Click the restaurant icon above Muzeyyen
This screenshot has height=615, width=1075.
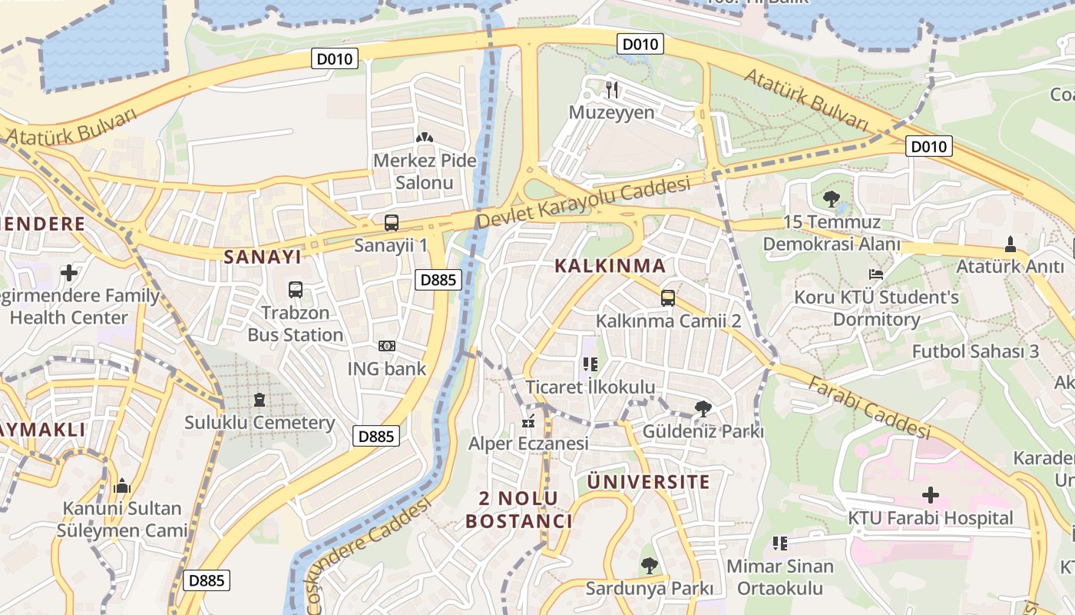pos(612,89)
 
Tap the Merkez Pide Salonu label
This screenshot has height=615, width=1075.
pos(425,171)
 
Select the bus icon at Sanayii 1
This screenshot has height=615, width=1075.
pos(392,223)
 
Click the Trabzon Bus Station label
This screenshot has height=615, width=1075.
pos(296,324)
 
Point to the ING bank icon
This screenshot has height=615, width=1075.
pos(387,346)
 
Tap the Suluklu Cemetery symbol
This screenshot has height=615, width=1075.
pos(260,400)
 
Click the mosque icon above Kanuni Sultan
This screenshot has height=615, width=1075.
pos(122,486)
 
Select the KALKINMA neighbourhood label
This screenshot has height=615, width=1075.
pos(610,266)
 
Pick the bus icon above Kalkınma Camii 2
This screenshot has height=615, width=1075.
pos(668,298)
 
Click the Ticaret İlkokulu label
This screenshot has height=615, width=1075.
pos(590,387)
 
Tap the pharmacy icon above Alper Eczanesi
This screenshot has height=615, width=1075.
pos(528,421)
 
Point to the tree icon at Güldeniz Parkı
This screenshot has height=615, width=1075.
pos(703,408)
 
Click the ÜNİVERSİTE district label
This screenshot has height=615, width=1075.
pos(648,482)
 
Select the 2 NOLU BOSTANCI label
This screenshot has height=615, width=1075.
pos(519,509)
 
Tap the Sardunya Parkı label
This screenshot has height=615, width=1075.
pos(649,589)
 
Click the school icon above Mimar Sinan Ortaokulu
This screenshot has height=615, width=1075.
pos(780,544)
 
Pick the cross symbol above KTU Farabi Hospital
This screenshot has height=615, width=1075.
pos(931,495)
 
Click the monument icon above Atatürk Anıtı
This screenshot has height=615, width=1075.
pos(1010,244)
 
